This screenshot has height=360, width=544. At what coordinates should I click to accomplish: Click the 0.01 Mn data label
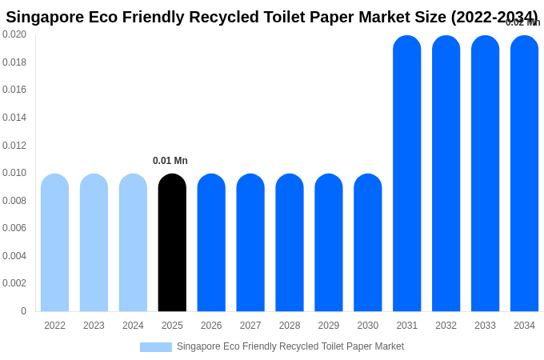170,161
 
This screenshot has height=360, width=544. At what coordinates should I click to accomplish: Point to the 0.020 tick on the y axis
14,34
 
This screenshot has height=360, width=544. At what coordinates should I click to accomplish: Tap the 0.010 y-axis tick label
14,173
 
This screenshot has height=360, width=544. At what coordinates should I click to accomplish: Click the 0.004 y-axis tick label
14,256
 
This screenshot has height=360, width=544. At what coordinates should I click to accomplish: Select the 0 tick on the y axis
23,311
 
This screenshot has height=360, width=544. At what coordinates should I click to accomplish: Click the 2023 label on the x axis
94,326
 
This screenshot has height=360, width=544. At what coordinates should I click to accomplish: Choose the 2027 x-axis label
250,326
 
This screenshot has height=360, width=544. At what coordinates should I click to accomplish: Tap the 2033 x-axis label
485,326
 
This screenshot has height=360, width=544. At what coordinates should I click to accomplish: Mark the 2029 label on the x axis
329,326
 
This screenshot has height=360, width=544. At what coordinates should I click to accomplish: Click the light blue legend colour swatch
155,347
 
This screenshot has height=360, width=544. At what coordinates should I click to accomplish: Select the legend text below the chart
290,346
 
